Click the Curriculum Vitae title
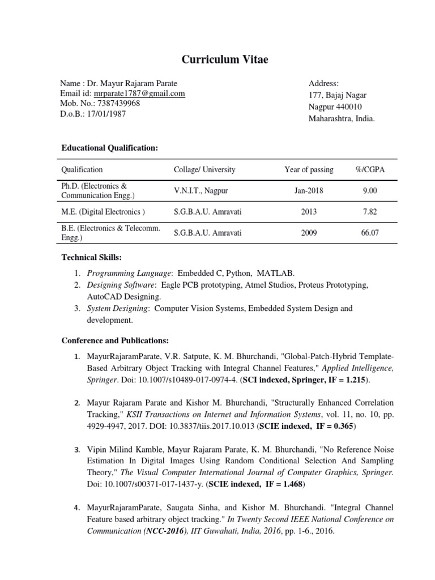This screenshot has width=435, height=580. [x=217, y=59]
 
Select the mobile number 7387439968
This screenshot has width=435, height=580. [x=119, y=104]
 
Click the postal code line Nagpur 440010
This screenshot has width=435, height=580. [x=335, y=106]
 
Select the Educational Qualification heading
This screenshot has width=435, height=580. [x=109, y=148]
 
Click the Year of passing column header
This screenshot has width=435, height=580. [x=309, y=169]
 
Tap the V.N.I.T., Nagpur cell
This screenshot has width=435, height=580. [x=201, y=191]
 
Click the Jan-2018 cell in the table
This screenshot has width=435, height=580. [x=309, y=191]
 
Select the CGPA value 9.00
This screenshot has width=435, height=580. [x=369, y=191]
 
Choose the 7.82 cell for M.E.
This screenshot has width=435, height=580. [x=369, y=212]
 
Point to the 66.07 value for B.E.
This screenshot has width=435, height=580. [x=369, y=233]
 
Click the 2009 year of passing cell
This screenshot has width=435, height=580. [x=309, y=233]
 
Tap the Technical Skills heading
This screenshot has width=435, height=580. [x=91, y=258]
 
